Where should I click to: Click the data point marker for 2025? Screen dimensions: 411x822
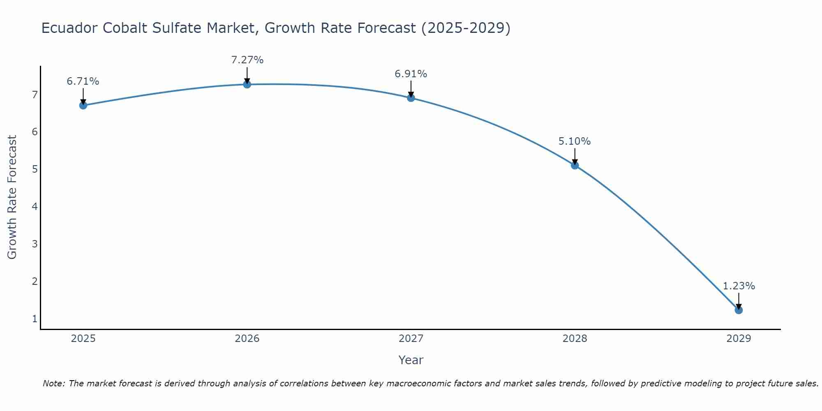pos(83,105)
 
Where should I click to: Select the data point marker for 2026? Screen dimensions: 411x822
pos(247,84)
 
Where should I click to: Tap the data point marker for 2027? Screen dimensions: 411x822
pos(411,98)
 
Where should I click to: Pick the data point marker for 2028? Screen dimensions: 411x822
pos(575,165)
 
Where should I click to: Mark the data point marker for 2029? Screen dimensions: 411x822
pos(739,310)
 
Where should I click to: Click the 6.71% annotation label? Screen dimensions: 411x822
pos(83,81)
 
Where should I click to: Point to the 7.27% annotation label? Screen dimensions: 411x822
pos(247,60)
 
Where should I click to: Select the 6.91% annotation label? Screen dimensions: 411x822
pos(411,74)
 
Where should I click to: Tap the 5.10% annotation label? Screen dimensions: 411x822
pos(575,141)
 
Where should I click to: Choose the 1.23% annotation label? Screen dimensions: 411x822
pos(739,286)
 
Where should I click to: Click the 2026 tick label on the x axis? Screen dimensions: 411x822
pos(247,339)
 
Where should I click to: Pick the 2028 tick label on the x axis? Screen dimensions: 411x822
pos(575,339)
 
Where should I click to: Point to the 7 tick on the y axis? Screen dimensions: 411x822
pos(35,95)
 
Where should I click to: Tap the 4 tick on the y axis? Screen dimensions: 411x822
pos(35,206)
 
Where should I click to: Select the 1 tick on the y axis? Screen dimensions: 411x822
pos(35,319)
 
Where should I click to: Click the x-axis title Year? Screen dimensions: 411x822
pos(411,360)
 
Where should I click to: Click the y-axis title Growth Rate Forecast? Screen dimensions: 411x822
pos(12,197)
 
